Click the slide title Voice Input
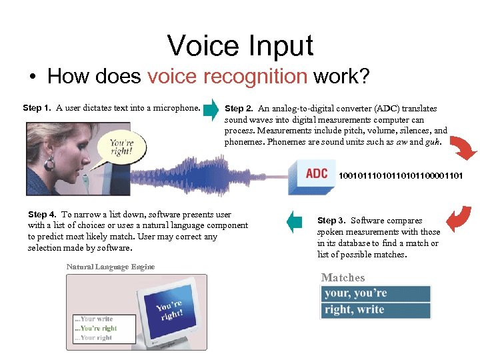click(240, 45)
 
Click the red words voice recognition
click(227, 77)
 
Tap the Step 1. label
click(38, 107)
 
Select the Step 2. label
click(239, 108)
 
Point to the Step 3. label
click(331, 221)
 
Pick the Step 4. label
click(42, 215)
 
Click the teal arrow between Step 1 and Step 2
click(211, 111)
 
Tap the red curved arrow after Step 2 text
click(463, 147)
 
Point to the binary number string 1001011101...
click(401, 176)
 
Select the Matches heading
click(343, 277)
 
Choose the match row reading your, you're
click(377, 293)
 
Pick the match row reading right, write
click(377, 310)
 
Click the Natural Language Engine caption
click(110, 267)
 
